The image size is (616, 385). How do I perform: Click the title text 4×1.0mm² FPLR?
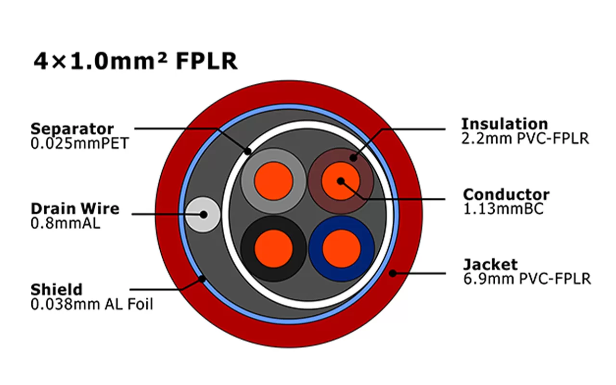pyautogui.click(x=135, y=62)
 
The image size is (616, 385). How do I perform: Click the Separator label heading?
pyautogui.click(x=72, y=129)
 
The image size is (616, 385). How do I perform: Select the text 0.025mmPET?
pyautogui.click(x=79, y=143)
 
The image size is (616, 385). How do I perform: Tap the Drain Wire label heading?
pyautogui.click(x=75, y=209)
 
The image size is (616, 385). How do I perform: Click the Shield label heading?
pyautogui.click(x=56, y=290)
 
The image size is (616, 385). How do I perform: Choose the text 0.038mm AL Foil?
pyautogui.click(x=92, y=304)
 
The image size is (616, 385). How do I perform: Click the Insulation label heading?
pyautogui.click(x=504, y=124)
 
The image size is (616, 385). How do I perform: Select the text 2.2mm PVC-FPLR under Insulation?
pyautogui.click(x=525, y=138)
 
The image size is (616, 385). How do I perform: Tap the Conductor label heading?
pyautogui.click(x=506, y=195)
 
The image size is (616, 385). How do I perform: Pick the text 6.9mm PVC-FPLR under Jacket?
pyautogui.click(x=527, y=279)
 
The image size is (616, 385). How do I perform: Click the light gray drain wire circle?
pyautogui.click(x=203, y=215)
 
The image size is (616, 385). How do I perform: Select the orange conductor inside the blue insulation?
pyautogui.click(x=341, y=248)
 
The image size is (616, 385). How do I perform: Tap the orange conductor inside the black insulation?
pyautogui.click(x=273, y=248)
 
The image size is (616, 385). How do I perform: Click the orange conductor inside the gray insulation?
pyautogui.click(x=273, y=180)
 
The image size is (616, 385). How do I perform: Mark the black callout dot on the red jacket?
pyautogui.click(x=393, y=273)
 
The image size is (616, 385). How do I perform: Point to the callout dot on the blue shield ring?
pyautogui.click(x=203, y=278)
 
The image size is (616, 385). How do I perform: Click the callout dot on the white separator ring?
pyautogui.click(x=248, y=151)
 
